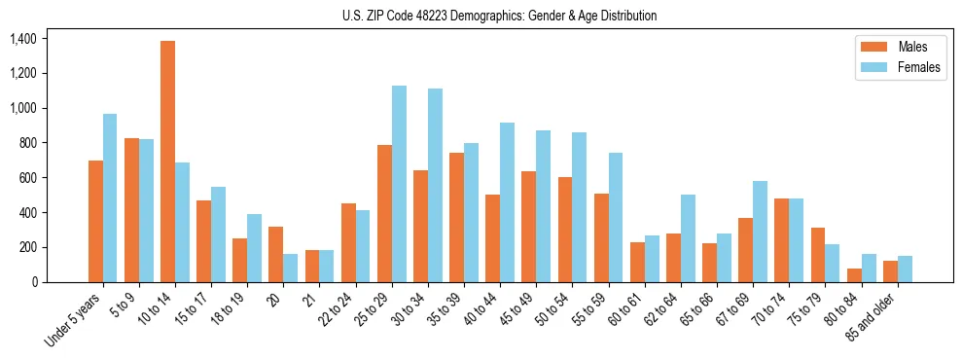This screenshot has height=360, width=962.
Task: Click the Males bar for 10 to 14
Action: click(x=168, y=162)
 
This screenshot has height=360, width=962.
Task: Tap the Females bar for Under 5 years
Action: click(x=110, y=198)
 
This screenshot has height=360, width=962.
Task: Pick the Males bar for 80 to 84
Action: click(x=854, y=275)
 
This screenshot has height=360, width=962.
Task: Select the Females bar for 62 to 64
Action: click(x=688, y=238)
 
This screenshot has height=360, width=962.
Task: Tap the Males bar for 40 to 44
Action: click(x=493, y=238)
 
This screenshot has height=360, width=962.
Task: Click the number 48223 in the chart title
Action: click(x=425, y=16)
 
